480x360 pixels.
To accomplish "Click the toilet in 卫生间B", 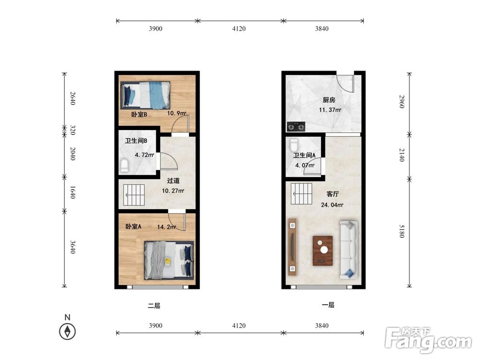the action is click(124, 166).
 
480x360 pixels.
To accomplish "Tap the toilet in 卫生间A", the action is click(294, 145).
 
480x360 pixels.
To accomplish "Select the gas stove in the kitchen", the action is click(296, 126).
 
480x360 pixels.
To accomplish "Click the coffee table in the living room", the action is click(323, 251).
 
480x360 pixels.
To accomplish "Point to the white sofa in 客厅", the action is click(348, 250).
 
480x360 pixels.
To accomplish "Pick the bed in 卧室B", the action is click(145, 95).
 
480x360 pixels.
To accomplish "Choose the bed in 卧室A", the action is click(169, 260).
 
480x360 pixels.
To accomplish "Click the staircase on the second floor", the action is click(134, 195).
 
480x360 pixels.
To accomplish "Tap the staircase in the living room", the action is click(301, 194).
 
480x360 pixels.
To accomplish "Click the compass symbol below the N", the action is click(67, 332).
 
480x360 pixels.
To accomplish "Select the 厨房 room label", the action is click(329, 100).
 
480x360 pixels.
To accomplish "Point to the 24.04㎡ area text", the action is click(332, 205).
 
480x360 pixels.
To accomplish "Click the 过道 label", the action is click(173, 181).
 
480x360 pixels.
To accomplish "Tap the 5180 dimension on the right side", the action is click(402, 231).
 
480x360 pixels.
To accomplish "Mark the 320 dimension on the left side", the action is click(72, 130).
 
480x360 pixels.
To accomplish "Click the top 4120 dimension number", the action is click(239, 29).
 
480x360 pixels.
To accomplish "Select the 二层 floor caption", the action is click(154, 305).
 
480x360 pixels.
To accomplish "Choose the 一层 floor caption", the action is click(328, 305).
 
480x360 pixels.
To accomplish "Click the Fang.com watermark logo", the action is click(428, 339).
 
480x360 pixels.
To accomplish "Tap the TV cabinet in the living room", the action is click(293, 247).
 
